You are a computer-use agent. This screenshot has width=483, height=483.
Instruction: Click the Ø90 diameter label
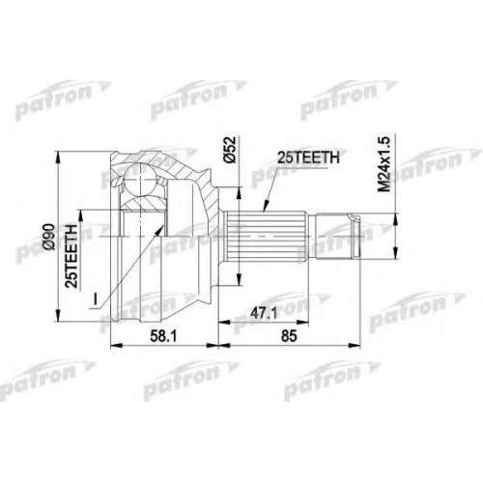point(50,237)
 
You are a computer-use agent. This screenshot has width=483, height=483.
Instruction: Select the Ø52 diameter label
point(231,149)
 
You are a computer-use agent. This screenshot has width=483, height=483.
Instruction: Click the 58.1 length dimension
point(163,336)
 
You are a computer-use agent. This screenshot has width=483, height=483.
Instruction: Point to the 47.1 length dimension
point(264,314)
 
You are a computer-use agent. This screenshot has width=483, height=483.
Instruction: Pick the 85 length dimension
point(289,336)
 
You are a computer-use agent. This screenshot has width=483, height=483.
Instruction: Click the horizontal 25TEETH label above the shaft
point(308,157)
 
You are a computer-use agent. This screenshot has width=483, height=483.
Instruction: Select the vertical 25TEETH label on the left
point(71,256)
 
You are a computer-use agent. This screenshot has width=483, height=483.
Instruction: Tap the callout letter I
point(95,298)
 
